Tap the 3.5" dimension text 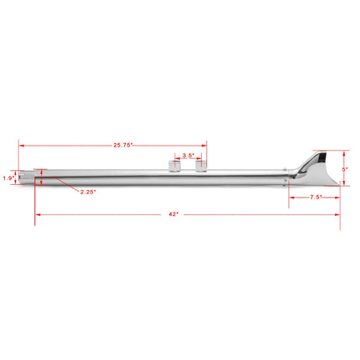(x=188, y=156)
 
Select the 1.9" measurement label (x=8, y=178)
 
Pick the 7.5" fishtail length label (x=317, y=198)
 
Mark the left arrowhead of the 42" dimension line (x=37, y=214)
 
